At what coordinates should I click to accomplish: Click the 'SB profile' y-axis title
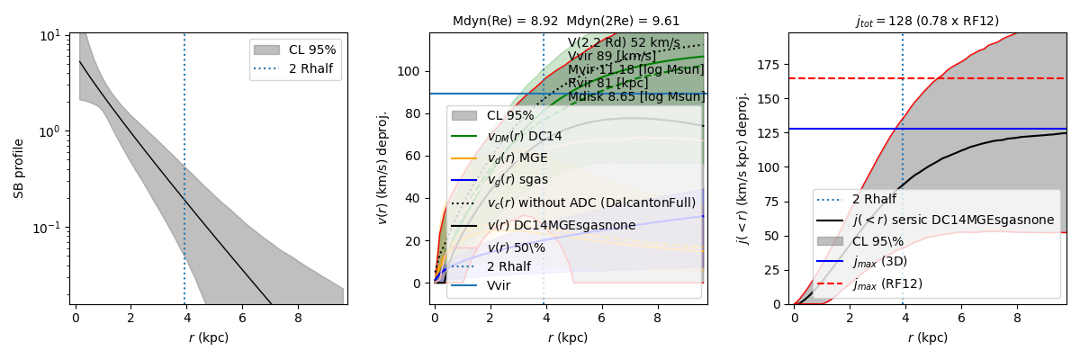click(x=19, y=168)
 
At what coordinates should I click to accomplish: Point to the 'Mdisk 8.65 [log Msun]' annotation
click(x=635, y=97)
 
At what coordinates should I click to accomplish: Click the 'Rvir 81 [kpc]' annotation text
click(x=608, y=84)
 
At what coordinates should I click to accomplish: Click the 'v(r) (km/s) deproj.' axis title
click(x=382, y=168)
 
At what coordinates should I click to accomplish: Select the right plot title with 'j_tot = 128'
click(x=927, y=22)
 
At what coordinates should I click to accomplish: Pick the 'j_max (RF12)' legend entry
click(x=886, y=283)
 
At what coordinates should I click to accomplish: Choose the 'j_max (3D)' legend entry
click(x=882, y=262)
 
